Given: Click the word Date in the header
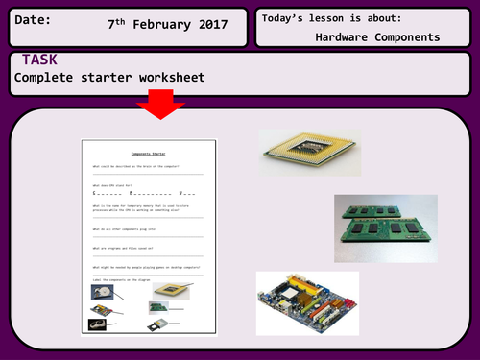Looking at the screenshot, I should coord(34,19).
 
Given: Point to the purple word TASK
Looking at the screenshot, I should coord(42,60).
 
